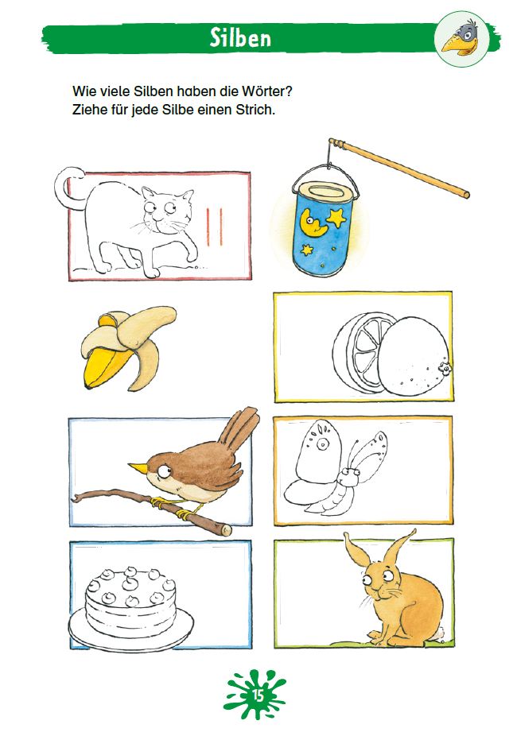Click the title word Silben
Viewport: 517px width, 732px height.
tap(240, 37)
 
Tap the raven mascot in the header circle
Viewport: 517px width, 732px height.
tap(463, 38)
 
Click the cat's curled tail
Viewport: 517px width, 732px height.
tap(65, 187)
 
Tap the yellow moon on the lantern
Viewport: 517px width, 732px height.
tap(312, 223)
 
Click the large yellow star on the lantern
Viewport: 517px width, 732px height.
tap(336, 217)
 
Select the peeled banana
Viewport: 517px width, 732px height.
tap(127, 347)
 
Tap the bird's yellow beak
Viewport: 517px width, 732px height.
tap(138, 467)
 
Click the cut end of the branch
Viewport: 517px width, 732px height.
tap(227, 529)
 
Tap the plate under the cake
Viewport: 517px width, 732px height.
tap(130, 630)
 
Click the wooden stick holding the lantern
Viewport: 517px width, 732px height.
tap(398, 168)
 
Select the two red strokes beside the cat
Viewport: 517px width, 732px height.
tap(215, 227)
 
